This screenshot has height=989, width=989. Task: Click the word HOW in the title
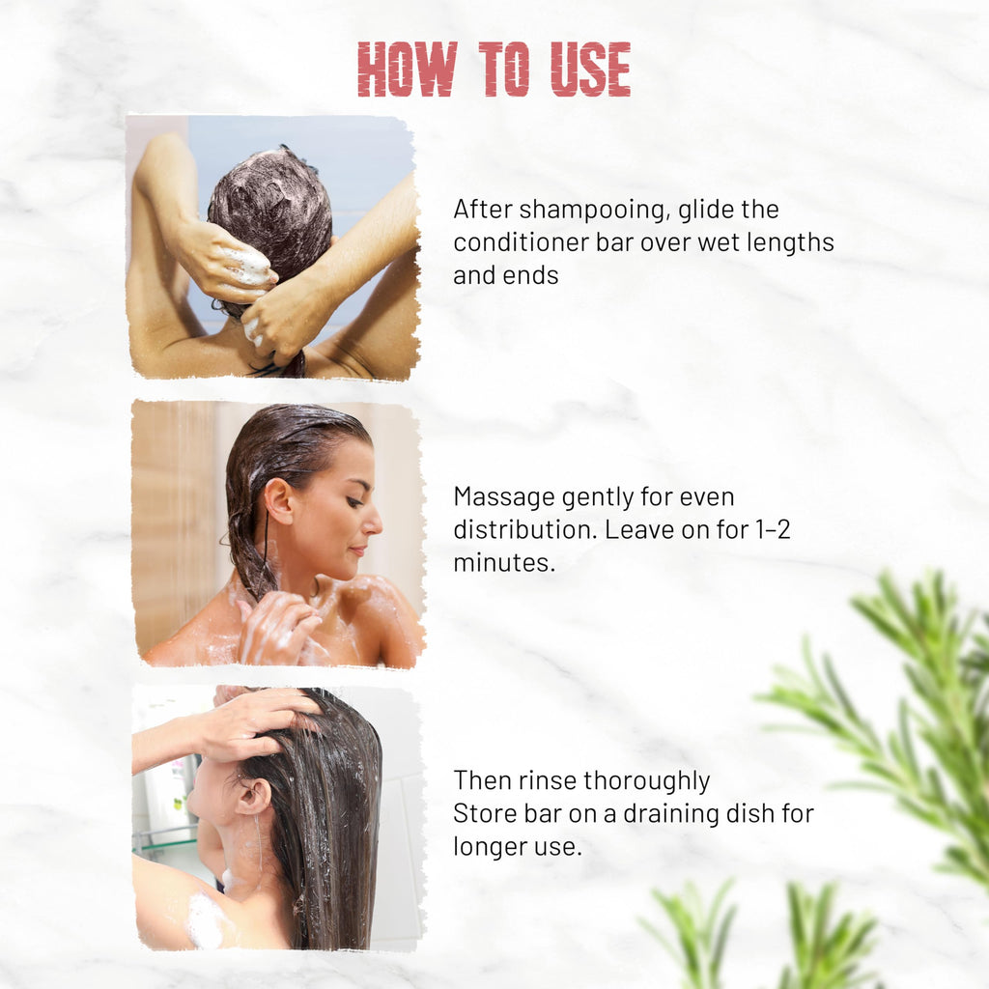407,69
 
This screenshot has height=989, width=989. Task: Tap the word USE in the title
590,69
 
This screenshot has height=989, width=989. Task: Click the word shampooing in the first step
594,211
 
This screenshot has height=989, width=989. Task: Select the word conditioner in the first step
521,242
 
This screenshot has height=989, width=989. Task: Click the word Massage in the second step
504,498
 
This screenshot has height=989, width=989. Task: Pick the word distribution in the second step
524,530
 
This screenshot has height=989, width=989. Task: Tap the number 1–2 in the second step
773,530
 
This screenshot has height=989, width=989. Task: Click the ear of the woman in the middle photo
278,501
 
